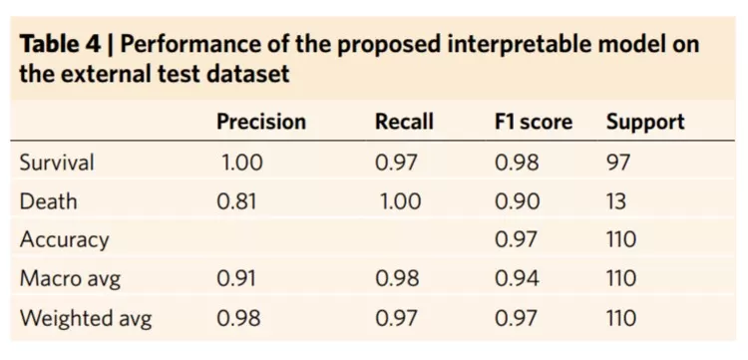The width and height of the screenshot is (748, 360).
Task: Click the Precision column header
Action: (261, 122)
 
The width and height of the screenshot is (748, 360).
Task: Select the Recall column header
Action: (404, 122)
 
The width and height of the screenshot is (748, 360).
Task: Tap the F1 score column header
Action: (533, 122)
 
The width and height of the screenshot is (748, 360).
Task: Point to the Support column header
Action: (645, 123)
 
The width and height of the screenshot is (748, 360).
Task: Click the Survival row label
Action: (57, 163)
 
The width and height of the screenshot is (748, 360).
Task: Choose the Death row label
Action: (48, 201)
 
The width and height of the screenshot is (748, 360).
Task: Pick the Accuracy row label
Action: (64, 240)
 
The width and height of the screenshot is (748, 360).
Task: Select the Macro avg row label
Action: (70, 279)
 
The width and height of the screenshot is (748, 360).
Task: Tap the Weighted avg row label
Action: (86, 318)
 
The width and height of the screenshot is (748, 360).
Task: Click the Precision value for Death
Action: (236, 201)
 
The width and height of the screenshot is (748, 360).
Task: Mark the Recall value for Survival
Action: (396, 163)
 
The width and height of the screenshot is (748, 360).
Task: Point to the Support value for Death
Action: (616, 201)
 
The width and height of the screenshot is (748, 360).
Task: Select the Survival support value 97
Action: (617, 163)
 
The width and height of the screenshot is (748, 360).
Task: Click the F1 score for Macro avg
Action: (517, 279)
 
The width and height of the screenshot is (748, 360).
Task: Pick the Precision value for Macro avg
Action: (235, 279)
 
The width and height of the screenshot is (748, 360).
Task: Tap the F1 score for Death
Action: (517, 201)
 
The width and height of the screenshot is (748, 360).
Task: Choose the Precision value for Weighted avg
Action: (238, 318)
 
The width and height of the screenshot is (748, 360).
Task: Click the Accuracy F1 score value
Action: (516, 240)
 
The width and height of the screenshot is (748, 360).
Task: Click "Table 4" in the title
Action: (60, 44)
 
